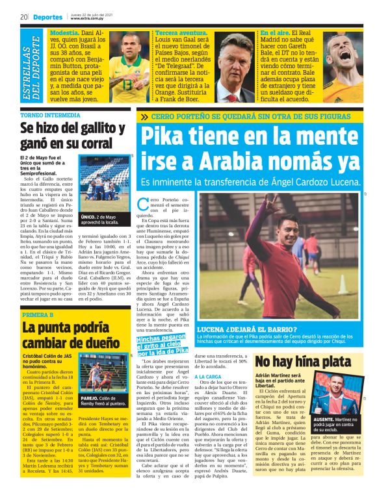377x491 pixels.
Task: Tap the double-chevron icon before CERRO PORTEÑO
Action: (x=162, y=118)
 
